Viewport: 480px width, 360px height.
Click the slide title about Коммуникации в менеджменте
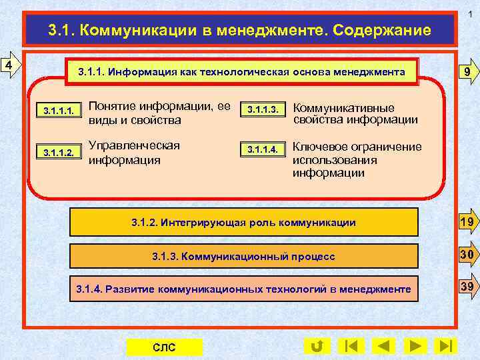(240, 31)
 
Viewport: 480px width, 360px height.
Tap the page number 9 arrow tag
(468, 72)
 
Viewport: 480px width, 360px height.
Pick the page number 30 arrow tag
(468, 255)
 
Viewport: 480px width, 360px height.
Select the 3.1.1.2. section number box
(58, 152)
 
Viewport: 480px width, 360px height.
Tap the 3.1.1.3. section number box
(262, 109)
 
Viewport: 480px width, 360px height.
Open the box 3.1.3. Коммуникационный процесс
(243, 256)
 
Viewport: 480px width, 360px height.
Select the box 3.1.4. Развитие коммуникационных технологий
(243, 289)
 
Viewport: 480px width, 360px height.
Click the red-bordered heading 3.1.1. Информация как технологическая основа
(241, 71)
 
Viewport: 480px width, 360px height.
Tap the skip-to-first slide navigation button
(351, 346)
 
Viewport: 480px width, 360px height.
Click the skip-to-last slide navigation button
(445, 346)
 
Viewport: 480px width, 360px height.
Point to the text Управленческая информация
(134, 153)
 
